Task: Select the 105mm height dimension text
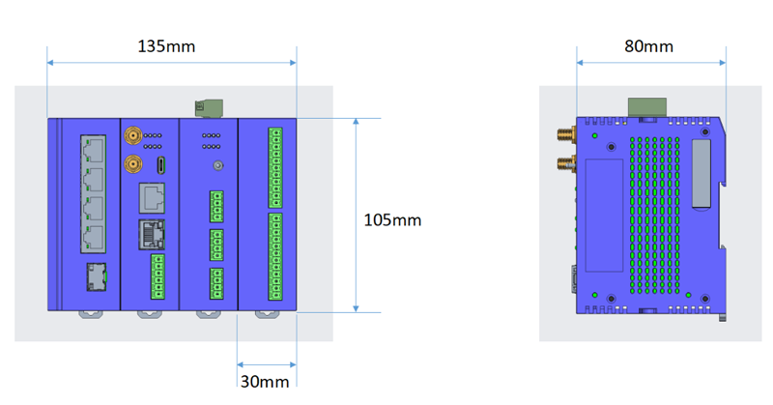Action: coord(391,220)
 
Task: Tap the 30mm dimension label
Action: coord(265,381)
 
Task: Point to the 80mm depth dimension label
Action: coord(648,45)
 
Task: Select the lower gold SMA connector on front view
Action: coord(131,165)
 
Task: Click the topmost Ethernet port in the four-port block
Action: coord(95,149)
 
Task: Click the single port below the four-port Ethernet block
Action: coord(95,277)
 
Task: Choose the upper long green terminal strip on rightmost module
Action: coord(275,167)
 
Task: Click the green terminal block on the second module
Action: coord(157,275)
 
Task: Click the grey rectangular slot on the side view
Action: coord(700,174)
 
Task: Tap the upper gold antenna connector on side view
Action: coord(562,135)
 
